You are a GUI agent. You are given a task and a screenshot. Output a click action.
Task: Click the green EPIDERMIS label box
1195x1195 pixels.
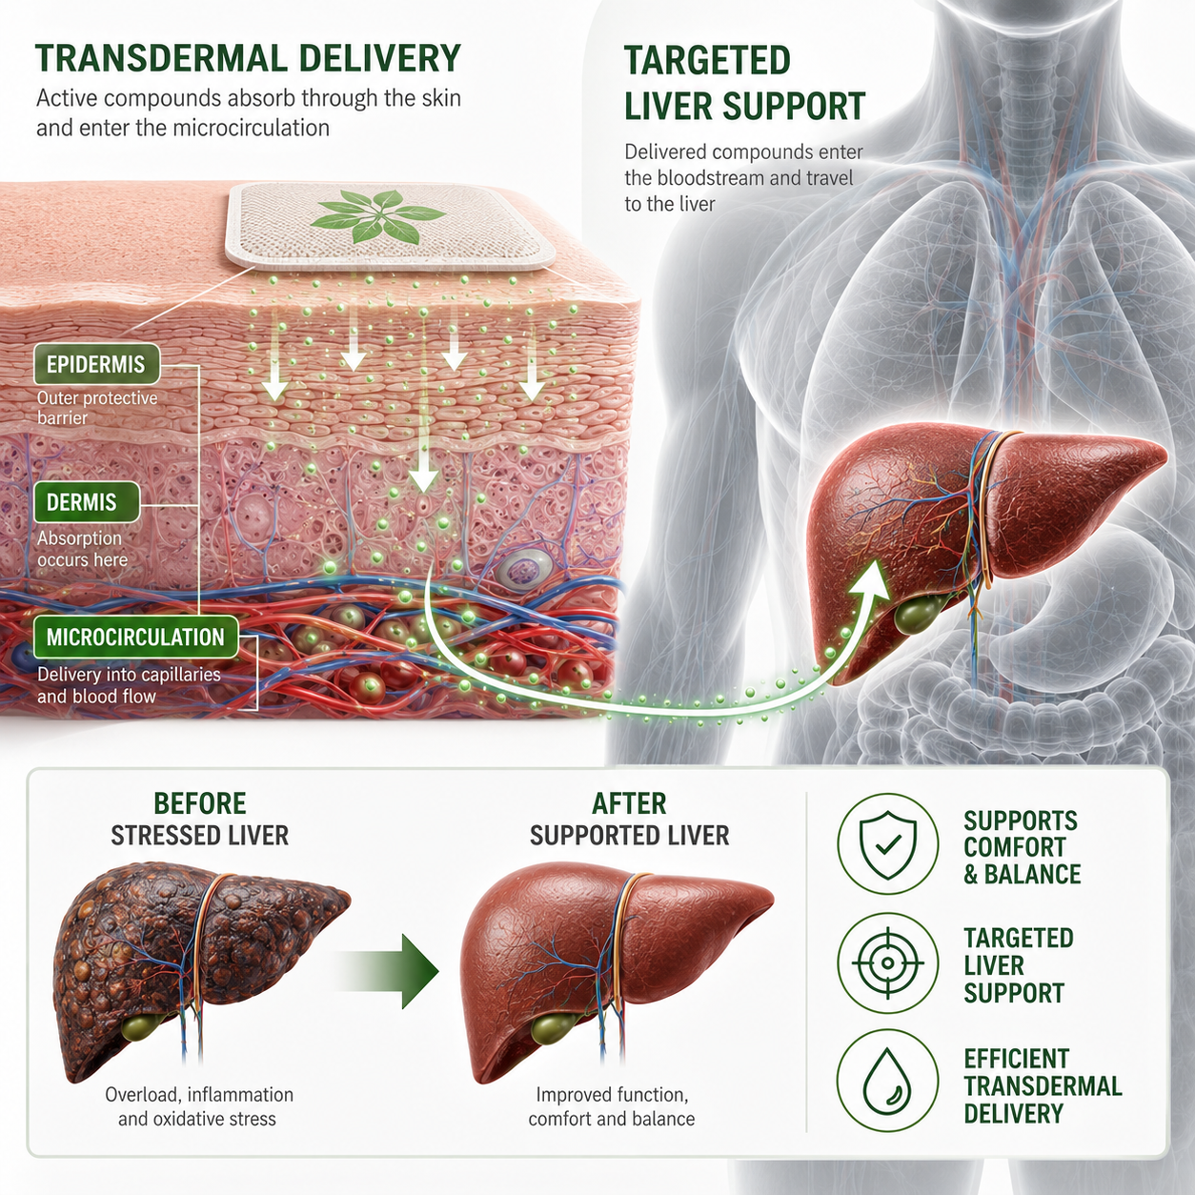pyautogui.click(x=97, y=364)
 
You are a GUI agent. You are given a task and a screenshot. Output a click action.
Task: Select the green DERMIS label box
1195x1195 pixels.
pyautogui.click(x=86, y=501)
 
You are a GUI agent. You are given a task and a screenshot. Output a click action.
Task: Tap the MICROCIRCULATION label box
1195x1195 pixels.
pyautogui.click(x=136, y=637)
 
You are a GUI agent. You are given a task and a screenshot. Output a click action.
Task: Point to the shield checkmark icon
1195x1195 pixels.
pyautogui.click(x=887, y=844)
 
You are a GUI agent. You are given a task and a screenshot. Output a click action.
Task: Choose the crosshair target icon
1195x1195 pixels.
pyautogui.click(x=887, y=963)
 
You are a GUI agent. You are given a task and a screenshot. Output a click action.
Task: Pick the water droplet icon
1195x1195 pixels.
pyautogui.click(x=887, y=1081)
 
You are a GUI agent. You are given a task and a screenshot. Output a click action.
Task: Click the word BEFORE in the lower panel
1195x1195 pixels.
pyautogui.click(x=200, y=803)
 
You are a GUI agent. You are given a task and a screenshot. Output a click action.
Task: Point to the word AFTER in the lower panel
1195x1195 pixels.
pyautogui.click(x=629, y=803)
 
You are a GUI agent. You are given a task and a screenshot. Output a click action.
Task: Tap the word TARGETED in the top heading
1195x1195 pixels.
pyautogui.click(x=708, y=60)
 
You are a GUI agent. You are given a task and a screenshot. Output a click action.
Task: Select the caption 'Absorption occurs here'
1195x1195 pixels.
pyautogui.click(x=82, y=549)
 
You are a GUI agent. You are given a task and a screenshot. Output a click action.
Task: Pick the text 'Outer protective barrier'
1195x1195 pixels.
pyautogui.click(x=97, y=408)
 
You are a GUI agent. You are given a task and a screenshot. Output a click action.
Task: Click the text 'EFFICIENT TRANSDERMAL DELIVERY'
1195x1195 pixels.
pyautogui.click(x=1043, y=1084)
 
